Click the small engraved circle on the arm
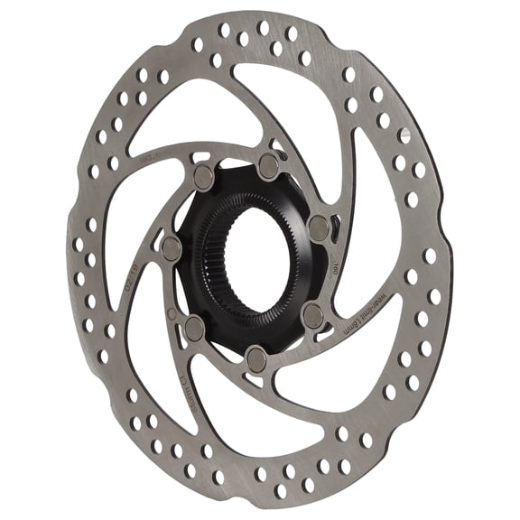pos(172,314)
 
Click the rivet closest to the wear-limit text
pos(312,315)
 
